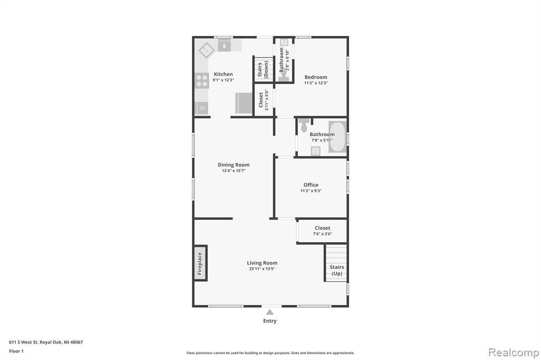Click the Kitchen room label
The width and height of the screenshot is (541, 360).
point(223,74)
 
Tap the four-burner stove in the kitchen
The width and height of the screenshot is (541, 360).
point(202,81)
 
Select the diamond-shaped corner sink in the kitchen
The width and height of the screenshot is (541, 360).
point(207,50)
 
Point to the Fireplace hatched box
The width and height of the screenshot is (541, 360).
point(200,263)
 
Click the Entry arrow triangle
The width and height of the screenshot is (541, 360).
point(270,312)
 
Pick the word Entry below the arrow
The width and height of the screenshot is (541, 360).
point(270,321)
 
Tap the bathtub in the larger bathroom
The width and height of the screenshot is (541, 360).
point(338,137)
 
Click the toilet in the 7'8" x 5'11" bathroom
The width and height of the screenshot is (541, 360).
point(304,126)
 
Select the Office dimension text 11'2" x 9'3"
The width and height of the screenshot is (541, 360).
point(311,191)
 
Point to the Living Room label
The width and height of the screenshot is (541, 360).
point(262,263)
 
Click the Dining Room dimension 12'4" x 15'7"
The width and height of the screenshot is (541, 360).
point(234,170)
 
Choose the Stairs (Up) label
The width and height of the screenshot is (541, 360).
point(337,270)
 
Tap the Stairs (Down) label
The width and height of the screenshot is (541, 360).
point(263,70)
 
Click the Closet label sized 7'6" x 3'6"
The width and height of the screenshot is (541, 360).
point(323,228)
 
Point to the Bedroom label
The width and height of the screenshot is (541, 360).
point(316,77)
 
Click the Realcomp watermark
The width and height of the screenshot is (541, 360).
point(514,353)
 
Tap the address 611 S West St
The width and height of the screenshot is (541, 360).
point(23,342)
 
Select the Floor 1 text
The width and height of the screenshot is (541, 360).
point(16,351)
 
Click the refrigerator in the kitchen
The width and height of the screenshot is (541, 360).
point(244,103)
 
